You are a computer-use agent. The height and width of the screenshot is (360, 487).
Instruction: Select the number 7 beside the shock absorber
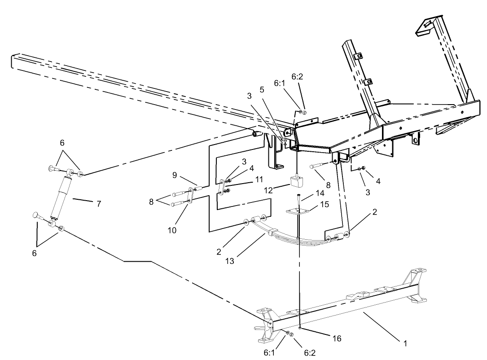98,204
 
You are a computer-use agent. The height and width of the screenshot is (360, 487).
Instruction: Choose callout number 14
320,193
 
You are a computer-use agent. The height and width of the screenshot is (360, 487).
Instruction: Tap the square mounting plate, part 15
298,211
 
